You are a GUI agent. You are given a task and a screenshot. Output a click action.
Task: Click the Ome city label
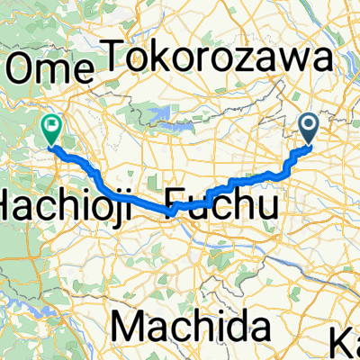coord(49,67)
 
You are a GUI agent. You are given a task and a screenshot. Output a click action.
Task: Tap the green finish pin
coord(50,131)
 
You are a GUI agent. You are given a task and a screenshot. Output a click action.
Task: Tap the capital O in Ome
coord(23,67)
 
